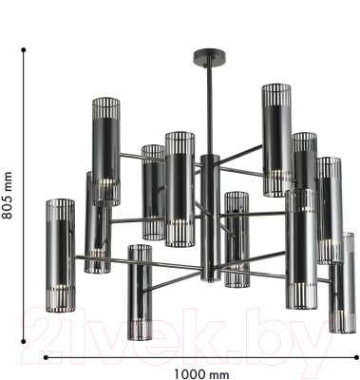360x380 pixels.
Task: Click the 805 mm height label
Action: tap(7, 196)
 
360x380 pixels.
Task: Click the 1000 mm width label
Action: tap(201, 374)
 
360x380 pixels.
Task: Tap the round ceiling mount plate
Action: tap(209, 56)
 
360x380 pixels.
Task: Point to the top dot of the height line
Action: tap(23, 49)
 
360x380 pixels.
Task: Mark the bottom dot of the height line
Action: tap(23, 341)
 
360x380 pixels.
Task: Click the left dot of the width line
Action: tap(46, 357)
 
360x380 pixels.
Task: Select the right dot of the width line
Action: tap(356, 357)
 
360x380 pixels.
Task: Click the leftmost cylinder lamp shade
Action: tap(61, 256)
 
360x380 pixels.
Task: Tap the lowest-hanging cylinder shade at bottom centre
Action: tap(140, 293)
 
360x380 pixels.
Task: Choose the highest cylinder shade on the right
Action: tap(276, 141)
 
